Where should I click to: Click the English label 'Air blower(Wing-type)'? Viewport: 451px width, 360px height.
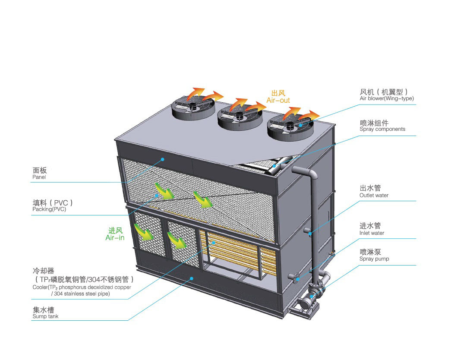point(386,99)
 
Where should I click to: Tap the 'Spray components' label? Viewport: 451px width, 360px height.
point(382,129)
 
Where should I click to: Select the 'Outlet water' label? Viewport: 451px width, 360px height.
point(374,196)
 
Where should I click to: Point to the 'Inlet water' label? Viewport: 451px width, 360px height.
point(372,233)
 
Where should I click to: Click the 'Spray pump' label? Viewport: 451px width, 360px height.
point(374,259)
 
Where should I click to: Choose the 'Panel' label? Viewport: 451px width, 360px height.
point(39,177)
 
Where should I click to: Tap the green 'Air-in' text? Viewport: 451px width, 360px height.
point(115,238)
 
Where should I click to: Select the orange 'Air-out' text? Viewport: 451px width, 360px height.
point(278,101)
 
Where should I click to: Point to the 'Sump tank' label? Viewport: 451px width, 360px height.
point(45,316)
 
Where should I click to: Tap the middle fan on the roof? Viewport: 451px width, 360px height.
point(240,115)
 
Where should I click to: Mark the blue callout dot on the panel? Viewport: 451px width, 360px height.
point(163,159)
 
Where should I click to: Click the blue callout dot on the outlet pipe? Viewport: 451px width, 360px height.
point(310,234)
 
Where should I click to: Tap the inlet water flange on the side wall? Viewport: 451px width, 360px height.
point(295,277)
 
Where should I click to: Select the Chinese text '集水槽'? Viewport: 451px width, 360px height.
point(43,309)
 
